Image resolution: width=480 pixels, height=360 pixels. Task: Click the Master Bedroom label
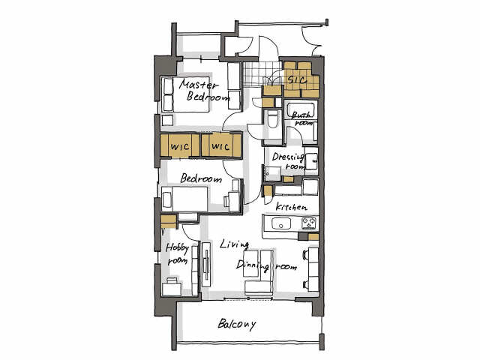tap(204, 91)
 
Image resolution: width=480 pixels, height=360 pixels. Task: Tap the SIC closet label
tap(298, 80)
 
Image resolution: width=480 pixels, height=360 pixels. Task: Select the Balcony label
tap(237, 325)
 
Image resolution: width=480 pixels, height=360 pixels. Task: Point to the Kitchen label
tap(291, 207)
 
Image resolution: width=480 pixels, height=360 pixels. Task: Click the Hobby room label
tap(178, 254)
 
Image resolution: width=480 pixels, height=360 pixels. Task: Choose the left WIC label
tap(180, 147)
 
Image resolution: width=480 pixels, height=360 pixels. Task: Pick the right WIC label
tap(220, 147)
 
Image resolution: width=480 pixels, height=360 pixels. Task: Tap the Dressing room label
tap(289, 161)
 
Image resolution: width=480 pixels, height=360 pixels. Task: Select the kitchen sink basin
tap(281, 223)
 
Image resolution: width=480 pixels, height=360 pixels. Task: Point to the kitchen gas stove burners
tap(309, 223)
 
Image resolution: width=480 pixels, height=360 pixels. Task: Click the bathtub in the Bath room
tap(301, 109)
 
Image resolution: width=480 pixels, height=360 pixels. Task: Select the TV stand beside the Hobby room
tap(206, 264)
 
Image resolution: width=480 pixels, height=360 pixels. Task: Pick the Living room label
tap(234, 244)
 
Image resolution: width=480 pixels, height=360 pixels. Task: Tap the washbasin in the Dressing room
tap(312, 161)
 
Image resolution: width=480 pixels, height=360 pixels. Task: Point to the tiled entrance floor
tap(262, 73)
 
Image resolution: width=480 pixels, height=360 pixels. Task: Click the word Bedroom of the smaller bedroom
tap(201, 178)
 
